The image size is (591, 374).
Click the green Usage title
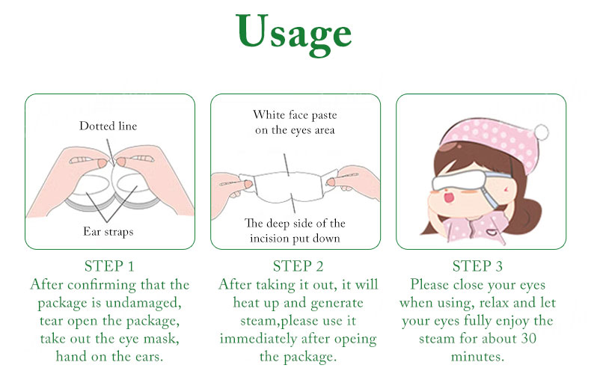(x=294, y=33)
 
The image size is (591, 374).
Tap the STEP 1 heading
(x=109, y=266)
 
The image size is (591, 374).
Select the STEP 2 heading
(x=298, y=266)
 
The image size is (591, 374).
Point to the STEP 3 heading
(x=477, y=266)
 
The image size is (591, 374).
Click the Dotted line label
(x=108, y=126)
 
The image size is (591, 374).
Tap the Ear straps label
(x=108, y=231)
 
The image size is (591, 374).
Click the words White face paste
(x=295, y=114)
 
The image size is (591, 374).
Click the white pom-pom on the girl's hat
(x=541, y=132)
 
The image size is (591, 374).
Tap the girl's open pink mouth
(x=450, y=197)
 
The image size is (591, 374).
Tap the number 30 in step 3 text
(x=528, y=338)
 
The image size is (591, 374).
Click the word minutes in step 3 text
(x=477, y=356)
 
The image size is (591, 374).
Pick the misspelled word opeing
(x=355, y=340)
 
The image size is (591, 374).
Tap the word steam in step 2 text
(x=259, y=321)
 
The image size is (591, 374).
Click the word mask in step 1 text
(x=159, y=339)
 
